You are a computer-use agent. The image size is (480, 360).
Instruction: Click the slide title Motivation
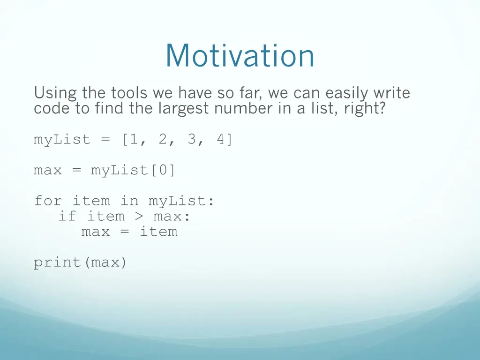point(240,56)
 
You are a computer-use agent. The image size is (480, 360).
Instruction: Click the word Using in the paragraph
point(55,93)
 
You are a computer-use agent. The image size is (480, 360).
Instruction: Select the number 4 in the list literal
point(220,140)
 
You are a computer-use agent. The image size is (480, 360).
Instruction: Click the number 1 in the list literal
point(134,140)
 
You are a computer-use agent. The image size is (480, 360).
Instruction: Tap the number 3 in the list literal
point(192,140)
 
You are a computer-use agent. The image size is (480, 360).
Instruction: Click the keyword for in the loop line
point(48,201)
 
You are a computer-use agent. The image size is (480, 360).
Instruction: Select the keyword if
point(67,217)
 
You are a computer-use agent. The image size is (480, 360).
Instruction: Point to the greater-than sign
point(143,217)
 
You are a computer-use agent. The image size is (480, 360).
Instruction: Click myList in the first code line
point(62,140)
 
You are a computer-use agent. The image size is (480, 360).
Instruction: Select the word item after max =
point(158,232)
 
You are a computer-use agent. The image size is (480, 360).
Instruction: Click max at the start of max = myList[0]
point(48,170)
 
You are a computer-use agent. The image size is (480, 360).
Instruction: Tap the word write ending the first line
point(391,93)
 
